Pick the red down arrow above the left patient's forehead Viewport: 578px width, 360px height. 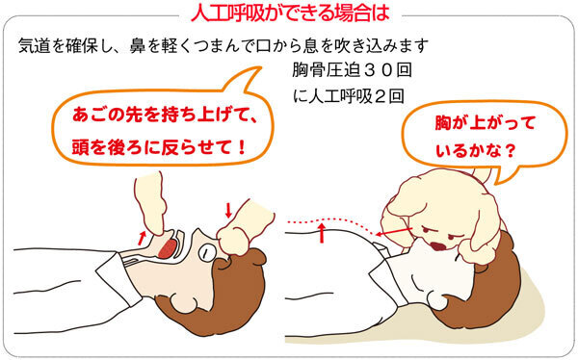[x=229, y=210]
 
